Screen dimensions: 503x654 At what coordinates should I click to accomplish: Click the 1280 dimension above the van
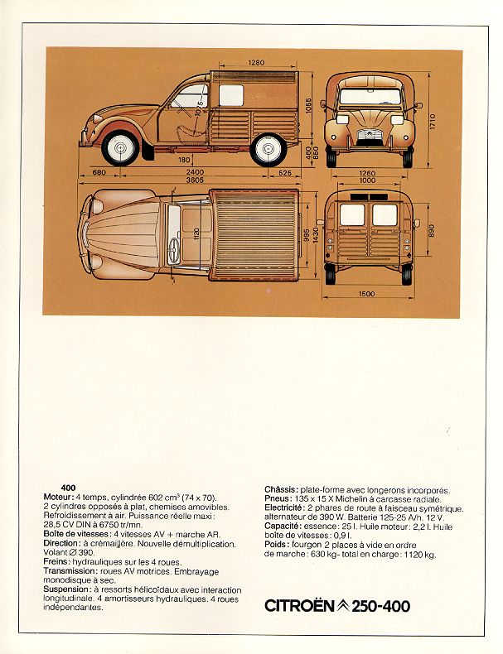256,63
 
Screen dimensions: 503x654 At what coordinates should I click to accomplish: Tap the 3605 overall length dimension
195,180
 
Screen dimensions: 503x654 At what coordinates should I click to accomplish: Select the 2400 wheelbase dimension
195,172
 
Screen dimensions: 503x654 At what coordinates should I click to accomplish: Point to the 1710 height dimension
432,121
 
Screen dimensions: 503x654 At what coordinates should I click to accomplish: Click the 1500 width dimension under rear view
366,294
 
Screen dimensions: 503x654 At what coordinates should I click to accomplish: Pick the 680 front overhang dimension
99,172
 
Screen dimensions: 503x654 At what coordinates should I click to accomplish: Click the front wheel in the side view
120,147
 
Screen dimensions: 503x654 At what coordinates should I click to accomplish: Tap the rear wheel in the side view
268,149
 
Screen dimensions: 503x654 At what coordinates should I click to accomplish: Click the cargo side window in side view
231,95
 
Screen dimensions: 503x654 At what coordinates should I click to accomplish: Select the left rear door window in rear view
352,214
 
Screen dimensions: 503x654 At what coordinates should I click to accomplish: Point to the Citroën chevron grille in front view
370,136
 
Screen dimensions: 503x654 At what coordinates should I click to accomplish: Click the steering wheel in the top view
174,250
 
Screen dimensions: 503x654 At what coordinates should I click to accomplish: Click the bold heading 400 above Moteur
68,488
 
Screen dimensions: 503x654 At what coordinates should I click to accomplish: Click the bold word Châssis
282,489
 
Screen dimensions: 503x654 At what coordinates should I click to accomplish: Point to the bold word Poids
277,544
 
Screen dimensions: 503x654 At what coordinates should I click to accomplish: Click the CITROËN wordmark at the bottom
300,606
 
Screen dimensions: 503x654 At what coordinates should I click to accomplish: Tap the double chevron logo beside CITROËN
343,606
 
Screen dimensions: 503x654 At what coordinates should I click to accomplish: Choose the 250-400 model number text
380,606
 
